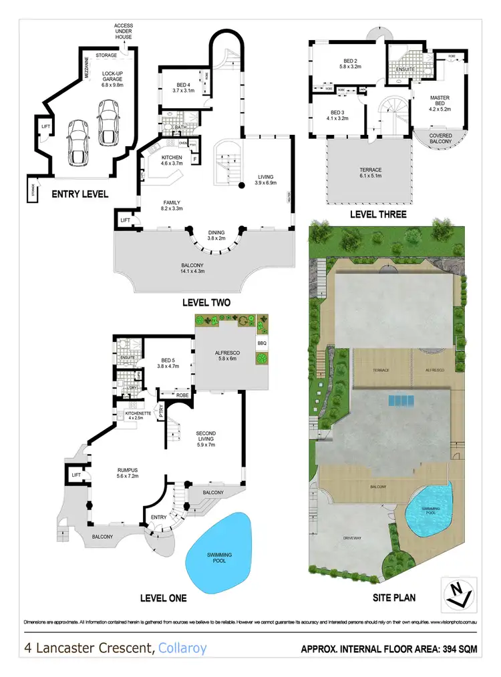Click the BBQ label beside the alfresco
[x=262, y=343]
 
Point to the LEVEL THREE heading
[x=378, y=214]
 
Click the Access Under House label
[x=123, y=31]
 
